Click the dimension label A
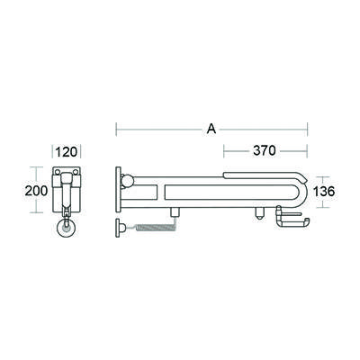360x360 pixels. click(x=211, y=130)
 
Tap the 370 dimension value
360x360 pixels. click(x=264, y=149)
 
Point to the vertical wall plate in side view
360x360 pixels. click(x=118, y=190)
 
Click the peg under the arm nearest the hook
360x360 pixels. click(x=259, y=215)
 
